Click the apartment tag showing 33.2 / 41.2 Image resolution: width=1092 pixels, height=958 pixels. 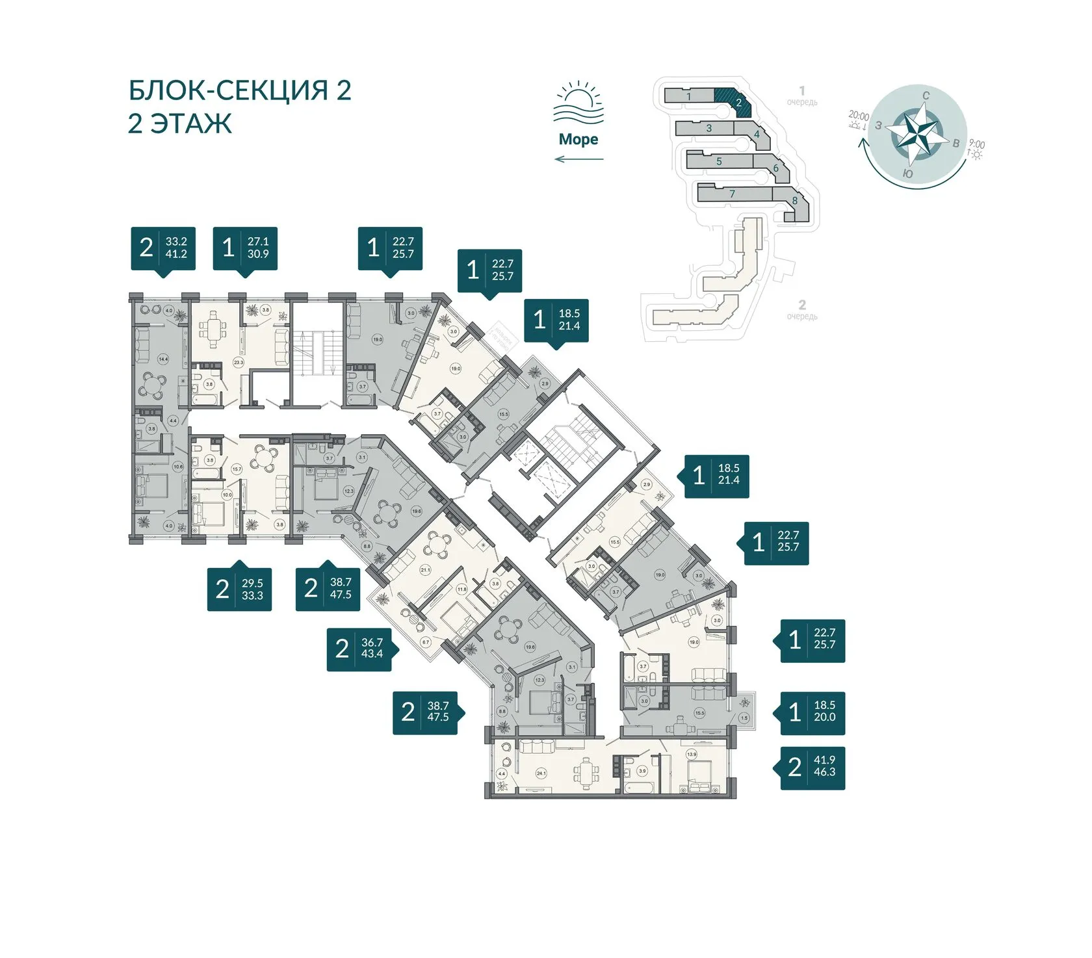[x=163, y=248]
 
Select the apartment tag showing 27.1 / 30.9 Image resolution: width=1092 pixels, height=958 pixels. [x=245, y=248]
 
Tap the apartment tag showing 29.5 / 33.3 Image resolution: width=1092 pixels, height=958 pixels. [x=239, y=589]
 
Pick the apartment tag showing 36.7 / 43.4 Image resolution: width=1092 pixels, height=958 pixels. [x=359, y=649]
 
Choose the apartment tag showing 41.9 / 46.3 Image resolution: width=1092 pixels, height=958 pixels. [x=812, y=767]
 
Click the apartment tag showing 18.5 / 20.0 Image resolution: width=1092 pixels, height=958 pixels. [x=812, y=712]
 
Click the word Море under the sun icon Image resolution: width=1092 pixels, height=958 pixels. [x=578, y=139]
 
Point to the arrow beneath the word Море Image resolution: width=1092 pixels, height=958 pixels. [x=578, y=159]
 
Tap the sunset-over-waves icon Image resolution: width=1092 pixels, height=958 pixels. [x=578, y=104]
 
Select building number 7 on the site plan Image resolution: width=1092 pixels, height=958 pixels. [x=732, y=194]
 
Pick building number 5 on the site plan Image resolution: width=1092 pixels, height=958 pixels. [x=719, y=161]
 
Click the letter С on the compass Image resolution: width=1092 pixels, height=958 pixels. [x=926, y=96]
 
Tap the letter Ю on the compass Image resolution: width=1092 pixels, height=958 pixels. [x=908, y=174]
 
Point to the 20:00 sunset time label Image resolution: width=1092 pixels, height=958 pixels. [x=859, y=116]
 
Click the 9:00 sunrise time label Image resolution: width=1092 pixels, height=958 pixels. [x=976, y=144]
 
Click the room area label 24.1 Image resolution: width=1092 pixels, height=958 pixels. [x=541, y=773]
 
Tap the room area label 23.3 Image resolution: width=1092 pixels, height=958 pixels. [x=239, y=362]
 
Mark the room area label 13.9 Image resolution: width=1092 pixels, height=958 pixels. [x=692, y=755]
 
